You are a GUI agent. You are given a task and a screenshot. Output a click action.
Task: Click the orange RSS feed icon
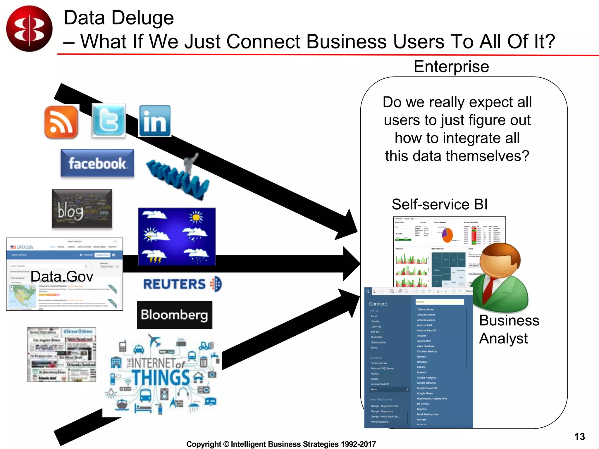(61, 122)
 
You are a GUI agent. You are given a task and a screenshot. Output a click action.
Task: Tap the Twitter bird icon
(109, 120)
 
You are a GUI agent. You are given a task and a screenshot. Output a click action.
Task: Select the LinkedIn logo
(155, 121)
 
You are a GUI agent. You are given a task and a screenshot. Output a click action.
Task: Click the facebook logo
(97, 163)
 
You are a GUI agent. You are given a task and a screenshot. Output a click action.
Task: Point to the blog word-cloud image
(82, 208)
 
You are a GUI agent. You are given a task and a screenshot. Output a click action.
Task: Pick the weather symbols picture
(177, 236)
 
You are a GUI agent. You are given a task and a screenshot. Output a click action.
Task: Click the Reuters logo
(182, 284)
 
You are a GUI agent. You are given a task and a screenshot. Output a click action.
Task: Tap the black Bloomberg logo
(175, 315)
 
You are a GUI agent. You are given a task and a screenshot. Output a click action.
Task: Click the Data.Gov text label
(62, 276)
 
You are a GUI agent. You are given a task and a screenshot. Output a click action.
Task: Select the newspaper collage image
(62, 355)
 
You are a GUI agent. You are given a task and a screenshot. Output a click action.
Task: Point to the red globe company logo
(29, 29)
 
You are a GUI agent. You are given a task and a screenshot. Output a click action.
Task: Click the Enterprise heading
(451, 66)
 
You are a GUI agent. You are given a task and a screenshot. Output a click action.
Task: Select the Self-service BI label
(439, 204)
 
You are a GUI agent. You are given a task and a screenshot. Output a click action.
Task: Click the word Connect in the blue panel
(378, 304)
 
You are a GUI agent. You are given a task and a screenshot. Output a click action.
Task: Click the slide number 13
(579, 436)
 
